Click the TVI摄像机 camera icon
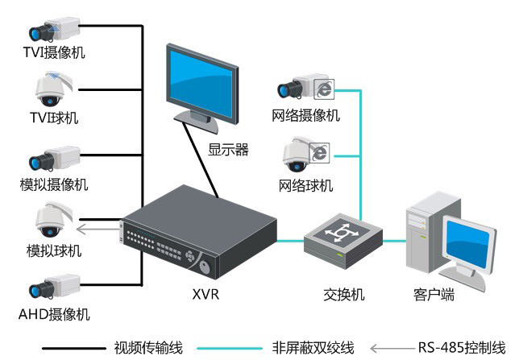point(55,30)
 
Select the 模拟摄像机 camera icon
point(55,159)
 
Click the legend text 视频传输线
point(148,348)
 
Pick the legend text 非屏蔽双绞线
point(313,348)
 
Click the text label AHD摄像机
point(54,313)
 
